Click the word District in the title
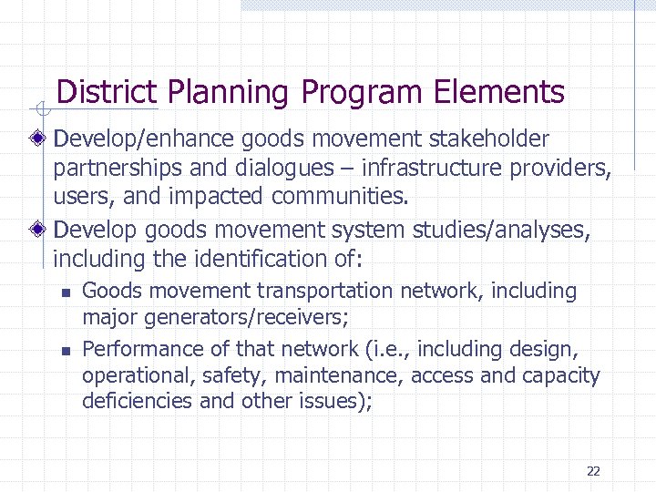pyautogui.click(x=107, y=92)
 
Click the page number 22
pyautogui.click(x=593, y=471)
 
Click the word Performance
pyautogui.click(x=136, y=348)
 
